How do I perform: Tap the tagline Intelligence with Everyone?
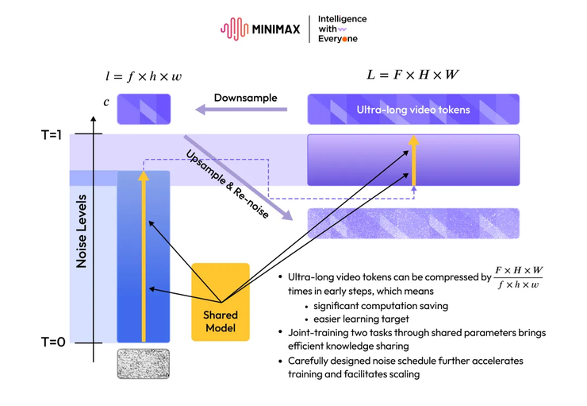(x=342, y=29)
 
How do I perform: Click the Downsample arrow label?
(x=245, y=98)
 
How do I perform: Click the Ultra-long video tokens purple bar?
(x=413, y=110)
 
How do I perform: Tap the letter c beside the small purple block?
(x=106, y=102)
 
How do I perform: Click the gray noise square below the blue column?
(x=144, y=363)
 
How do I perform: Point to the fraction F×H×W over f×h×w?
(x=520, y=277)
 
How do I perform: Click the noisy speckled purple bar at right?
(x=413, y=223)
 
